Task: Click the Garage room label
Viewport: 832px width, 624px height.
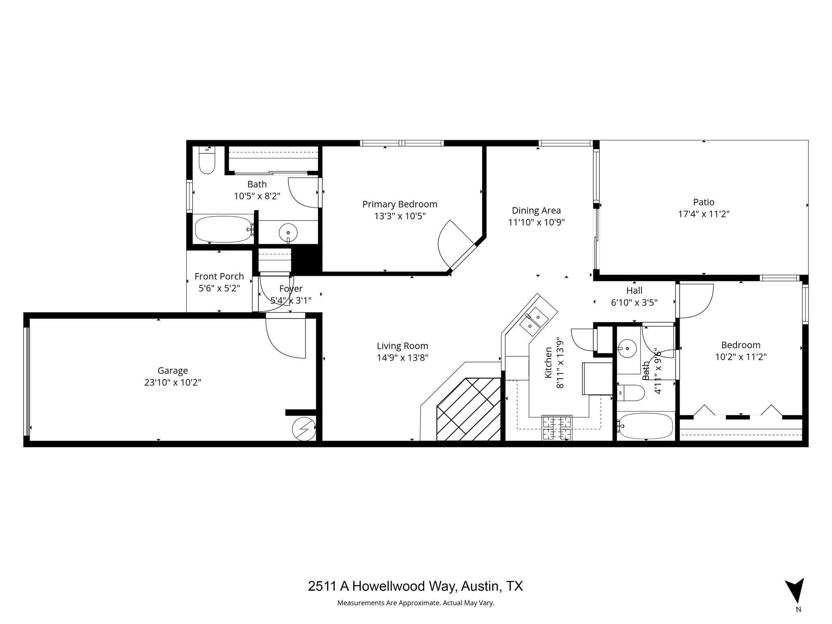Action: [173, 370]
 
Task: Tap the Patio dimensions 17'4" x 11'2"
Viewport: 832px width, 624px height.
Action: [704, 214]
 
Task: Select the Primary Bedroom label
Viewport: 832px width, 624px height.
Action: [400, 204]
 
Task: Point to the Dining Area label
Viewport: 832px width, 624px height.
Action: [536, 210]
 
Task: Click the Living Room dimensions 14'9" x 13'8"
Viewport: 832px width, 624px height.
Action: [402, 357]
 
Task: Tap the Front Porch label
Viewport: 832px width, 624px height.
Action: [219, 276]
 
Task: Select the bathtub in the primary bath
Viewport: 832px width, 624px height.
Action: [223, 229]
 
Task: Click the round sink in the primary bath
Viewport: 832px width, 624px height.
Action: [288, 232]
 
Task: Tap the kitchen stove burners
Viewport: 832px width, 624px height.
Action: [557, 428]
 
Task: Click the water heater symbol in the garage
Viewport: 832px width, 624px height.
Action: [304, 428]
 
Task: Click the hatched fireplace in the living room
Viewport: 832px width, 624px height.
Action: [468, 409]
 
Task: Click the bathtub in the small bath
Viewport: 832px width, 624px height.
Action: [645, 426]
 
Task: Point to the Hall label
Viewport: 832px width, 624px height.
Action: [634, 290]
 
